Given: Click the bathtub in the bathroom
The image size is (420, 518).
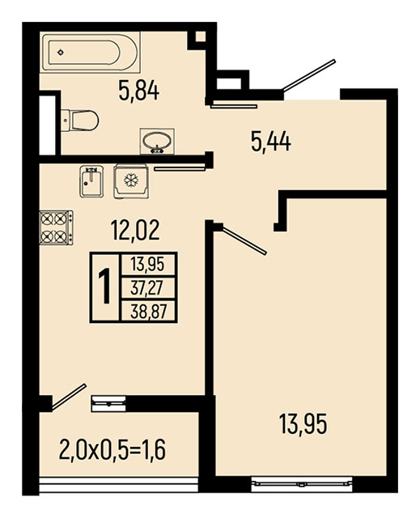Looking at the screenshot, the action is pyautogui.click(x=91, y=52).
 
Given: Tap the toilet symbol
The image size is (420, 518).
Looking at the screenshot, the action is pyautogui.click(x=80, y=121).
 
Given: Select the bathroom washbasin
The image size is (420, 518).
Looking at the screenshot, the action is pyautogui.click(x=157, y=142).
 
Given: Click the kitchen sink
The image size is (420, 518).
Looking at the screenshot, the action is pyautogui.click(x=91, y=181).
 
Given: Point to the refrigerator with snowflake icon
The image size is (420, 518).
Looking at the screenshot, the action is pyautogui.click(x=131, y=181).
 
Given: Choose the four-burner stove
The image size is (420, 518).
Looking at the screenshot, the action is pyautogui.click(x=56, y=227).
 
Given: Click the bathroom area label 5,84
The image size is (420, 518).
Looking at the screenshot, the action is pyautogui.click(x=139, y=91).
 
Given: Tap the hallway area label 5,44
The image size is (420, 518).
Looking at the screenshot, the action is pyautogui.click(x=271, y=142).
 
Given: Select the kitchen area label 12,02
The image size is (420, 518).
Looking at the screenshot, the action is pyautogui.click(x=135, y=230).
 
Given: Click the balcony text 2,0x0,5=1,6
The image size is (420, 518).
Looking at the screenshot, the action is pyautogui.click(x=112, y=450).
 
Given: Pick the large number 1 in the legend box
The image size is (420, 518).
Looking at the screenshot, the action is pyautogui.click(x=105, y=286).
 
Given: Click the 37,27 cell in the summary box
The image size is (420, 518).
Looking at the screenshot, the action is pyautogui.click(x=147, y=288).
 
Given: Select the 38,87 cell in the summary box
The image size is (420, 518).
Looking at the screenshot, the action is pyautogui.click(x=148, y=311).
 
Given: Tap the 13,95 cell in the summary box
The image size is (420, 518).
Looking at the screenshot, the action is pyautogui.click(x=147, y=265).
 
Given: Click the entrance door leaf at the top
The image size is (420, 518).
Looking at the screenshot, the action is pyautogui.click(x=308, y=75).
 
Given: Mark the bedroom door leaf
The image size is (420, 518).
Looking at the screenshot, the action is pyautogui.click(x=244, y=240).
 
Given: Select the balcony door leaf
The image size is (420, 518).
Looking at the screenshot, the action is pyautogui.click(x=69, y=397).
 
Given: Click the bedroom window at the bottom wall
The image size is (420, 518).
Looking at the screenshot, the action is pyautogui.click(x=301, y=484).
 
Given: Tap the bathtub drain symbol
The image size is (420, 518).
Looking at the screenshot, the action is pyautogui.click(x=60, y=52).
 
